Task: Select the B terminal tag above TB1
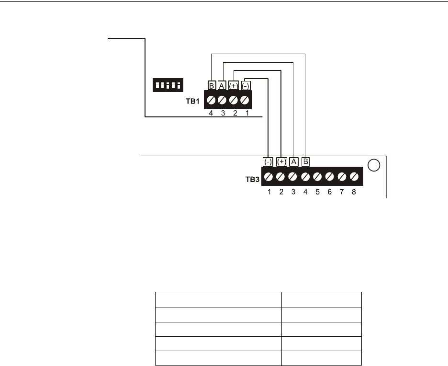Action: tap(212, 86)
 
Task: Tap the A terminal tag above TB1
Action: tap(222, 86)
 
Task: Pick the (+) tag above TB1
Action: tap(234, 86)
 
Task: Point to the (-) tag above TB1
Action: tap(245, 86)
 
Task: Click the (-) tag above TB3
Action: tap(268, 162)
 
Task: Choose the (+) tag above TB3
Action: tap(281, 162)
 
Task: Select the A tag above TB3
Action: tap(294, 162)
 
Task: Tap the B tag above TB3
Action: tap(305, 162)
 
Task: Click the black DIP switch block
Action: tap(167, 85)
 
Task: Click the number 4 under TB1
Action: tap(211, 114)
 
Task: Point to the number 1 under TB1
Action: tap(247, 114)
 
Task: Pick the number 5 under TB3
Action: tap(317, 192)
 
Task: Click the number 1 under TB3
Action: tap(269, 192)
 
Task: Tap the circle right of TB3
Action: tap(374, 165)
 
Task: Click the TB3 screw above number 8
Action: tap(354, 177)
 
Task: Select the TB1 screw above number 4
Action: tap(211, 101)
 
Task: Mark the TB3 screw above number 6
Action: tap(330, 177)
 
